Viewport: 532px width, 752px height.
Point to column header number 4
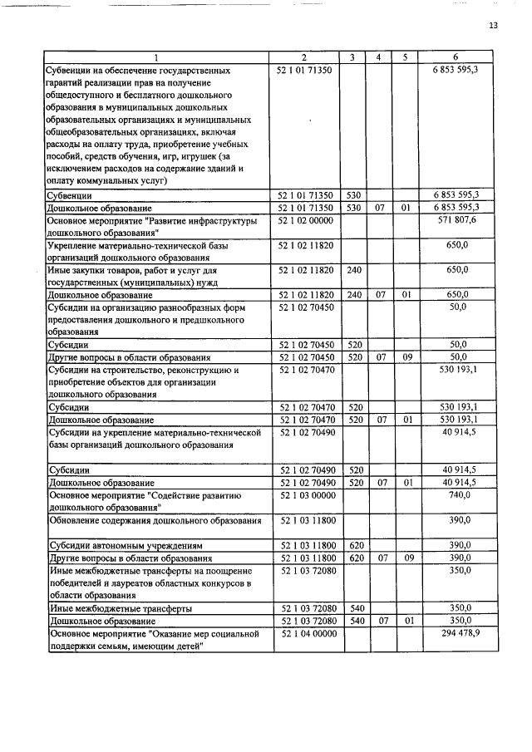click(378, 57)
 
